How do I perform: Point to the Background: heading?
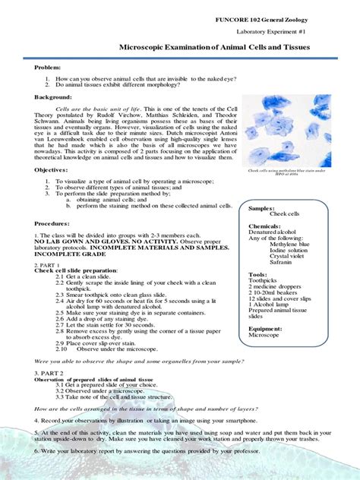pyautogui.click(x=53, y=97)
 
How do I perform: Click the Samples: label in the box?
pyautogui.click(x=262, y=207)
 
